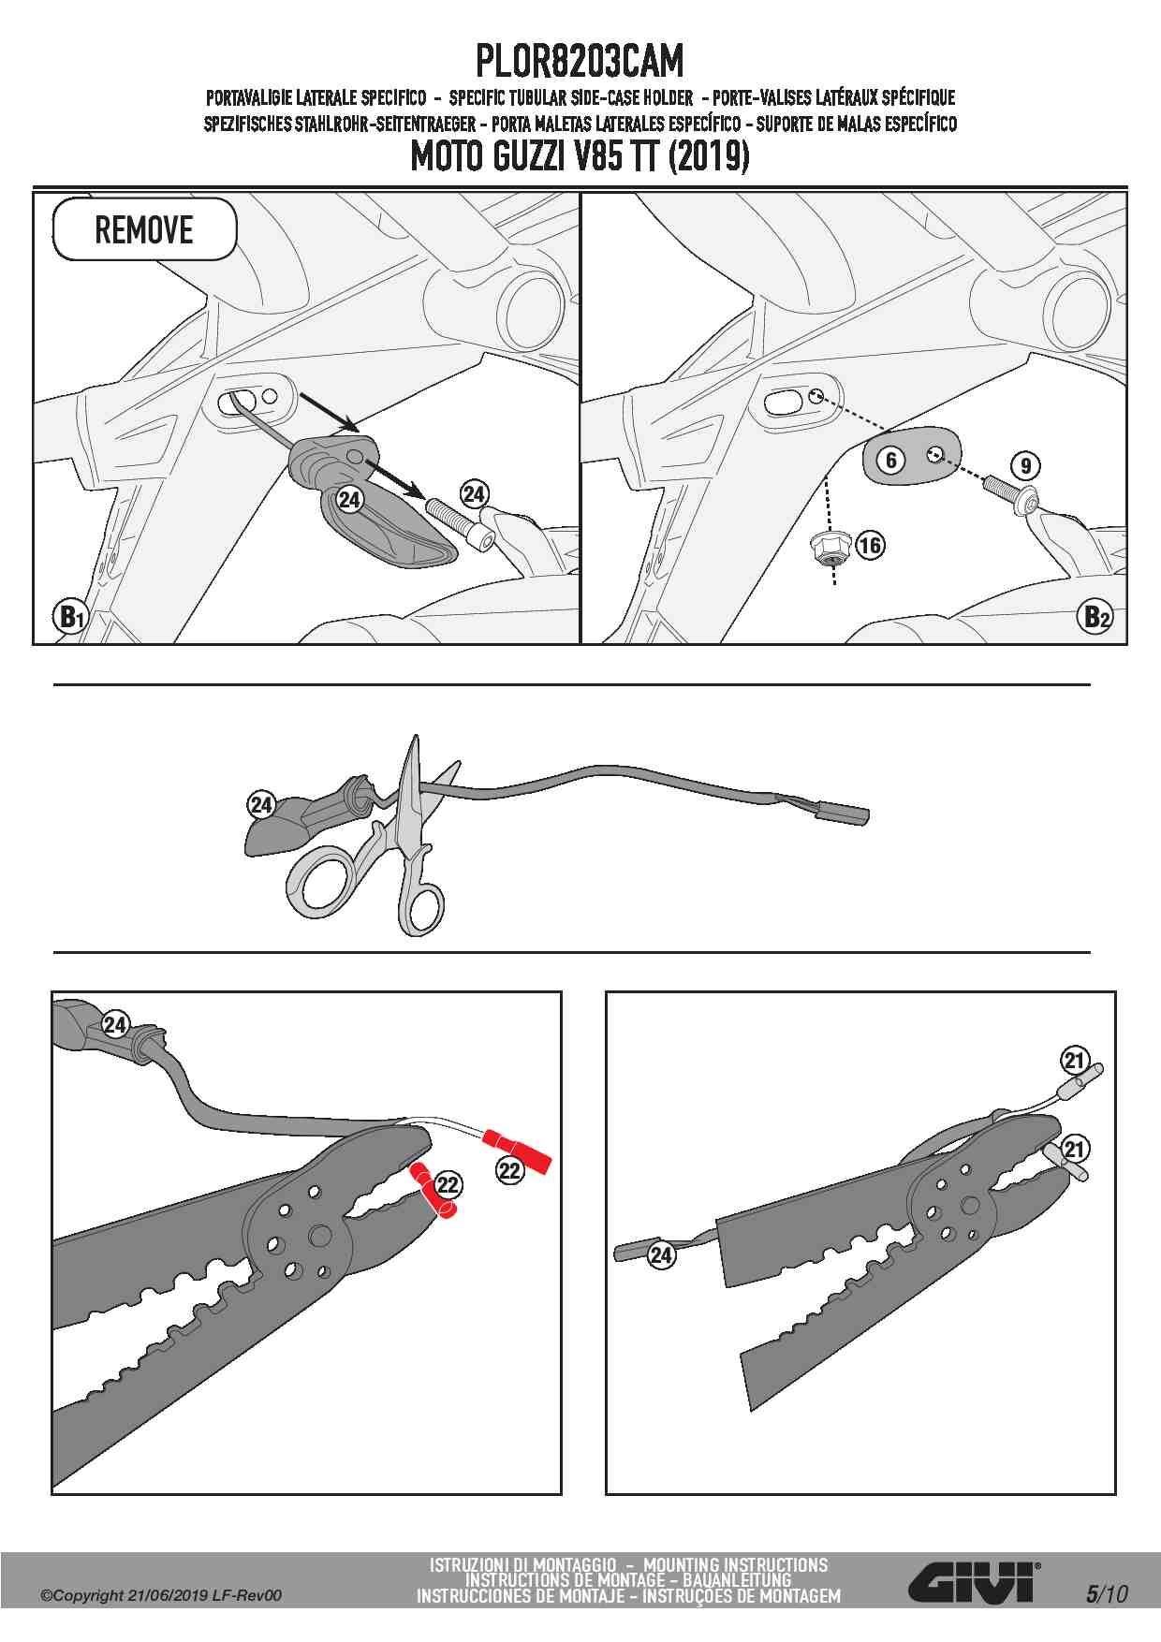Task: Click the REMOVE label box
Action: (144, 229)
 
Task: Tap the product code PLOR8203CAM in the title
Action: (580, 62)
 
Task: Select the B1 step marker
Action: (70, 618)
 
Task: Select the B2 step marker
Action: (1095, 618)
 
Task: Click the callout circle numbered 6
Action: (891, 460)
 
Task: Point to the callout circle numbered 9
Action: (1026, 465)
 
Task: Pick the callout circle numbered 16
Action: (870, 545)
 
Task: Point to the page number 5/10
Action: (1108, 1592)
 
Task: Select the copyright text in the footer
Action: (160, 1595)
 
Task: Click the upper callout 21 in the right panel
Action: (1075, 1061)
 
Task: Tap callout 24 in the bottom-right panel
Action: (662, 1254)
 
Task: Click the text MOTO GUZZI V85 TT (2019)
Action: (580, 155)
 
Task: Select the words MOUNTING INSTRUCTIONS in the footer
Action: (735, 1564)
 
